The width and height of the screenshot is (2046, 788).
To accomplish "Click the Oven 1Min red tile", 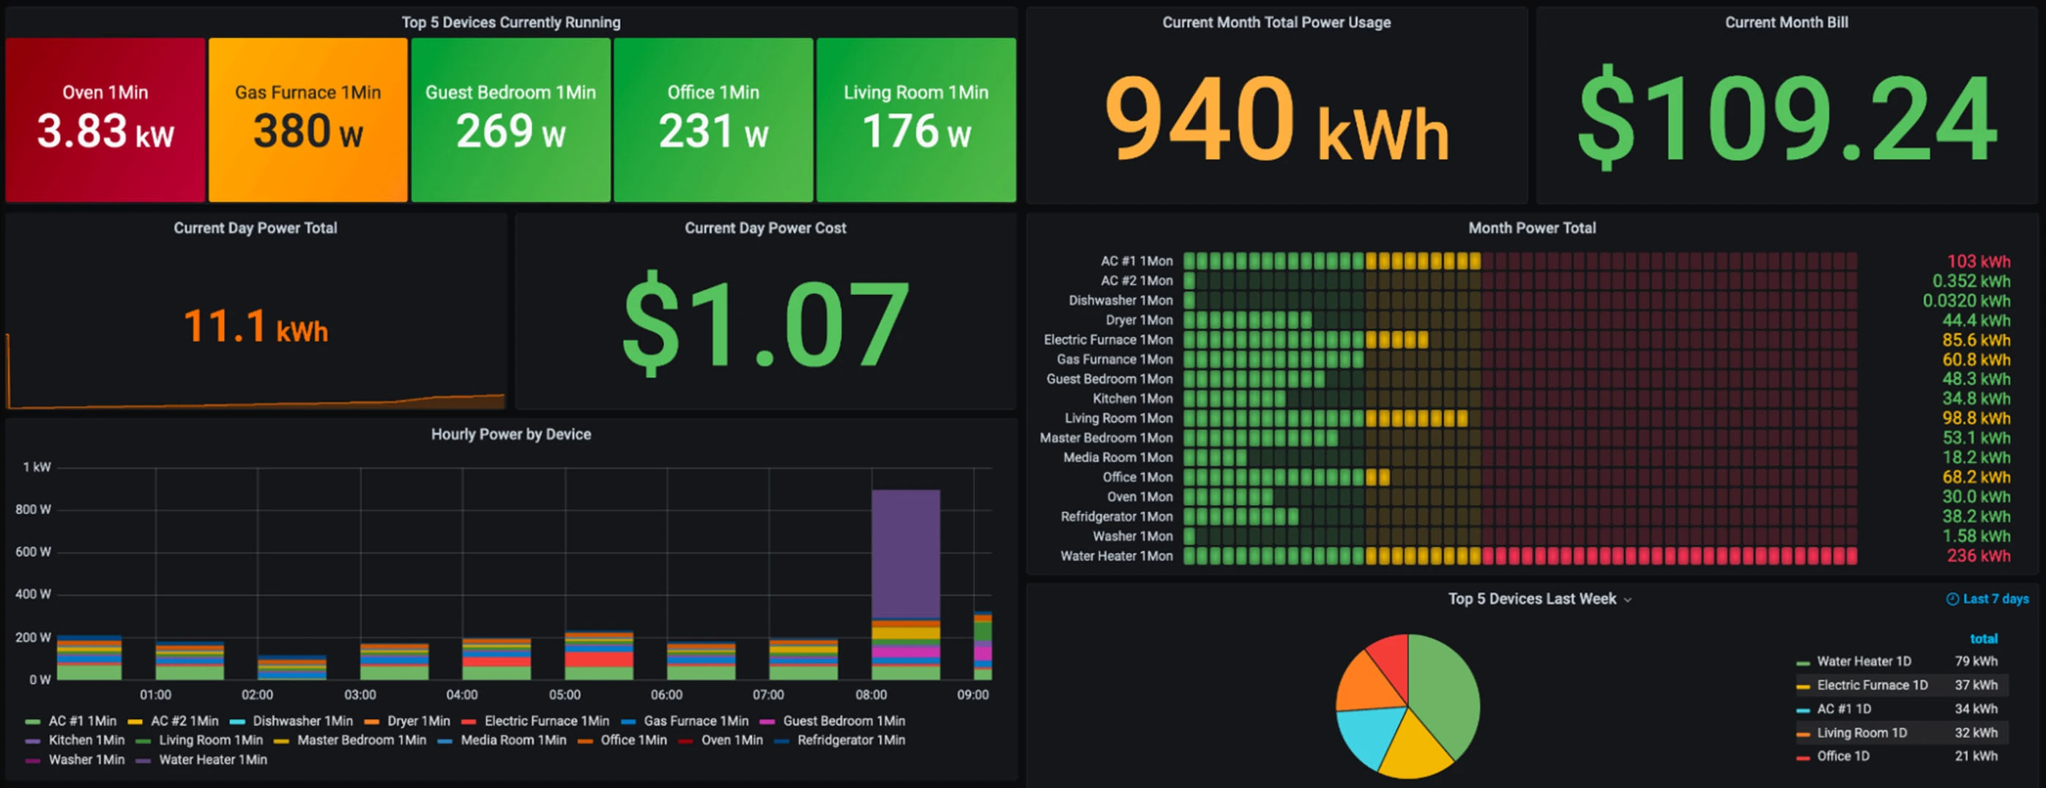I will tap(105, 119).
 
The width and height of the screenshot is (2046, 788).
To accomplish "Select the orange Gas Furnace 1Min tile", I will tap(308, 119).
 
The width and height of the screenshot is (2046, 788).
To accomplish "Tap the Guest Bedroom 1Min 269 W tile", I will tap(510, 119).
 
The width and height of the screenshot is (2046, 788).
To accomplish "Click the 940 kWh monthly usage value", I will tap(1276, 119).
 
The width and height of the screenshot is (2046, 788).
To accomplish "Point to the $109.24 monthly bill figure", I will tap(1786, 119).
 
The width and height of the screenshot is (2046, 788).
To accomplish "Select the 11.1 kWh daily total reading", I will tap(255, 326).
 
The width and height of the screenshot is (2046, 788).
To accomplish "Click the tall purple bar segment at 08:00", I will tap(905, 554).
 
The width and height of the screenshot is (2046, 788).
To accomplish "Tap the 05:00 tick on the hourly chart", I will tap(565, 695).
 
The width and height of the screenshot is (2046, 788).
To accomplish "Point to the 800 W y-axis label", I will tap(34, 509).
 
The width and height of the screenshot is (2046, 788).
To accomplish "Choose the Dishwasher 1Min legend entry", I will tap(302, 721).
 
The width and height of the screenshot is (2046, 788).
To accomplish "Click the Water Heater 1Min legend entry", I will tap(212, 760).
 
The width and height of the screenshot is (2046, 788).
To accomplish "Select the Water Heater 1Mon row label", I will tap(1116, 556).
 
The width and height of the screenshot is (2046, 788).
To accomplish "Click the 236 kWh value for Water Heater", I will tap(1978, 556).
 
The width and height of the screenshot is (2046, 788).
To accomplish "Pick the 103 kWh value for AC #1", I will tap(1978, 261).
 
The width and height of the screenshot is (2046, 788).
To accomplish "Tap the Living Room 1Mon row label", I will tap(1118, 419).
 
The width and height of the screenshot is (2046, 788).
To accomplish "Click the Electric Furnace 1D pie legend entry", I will tap(1871, 685).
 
